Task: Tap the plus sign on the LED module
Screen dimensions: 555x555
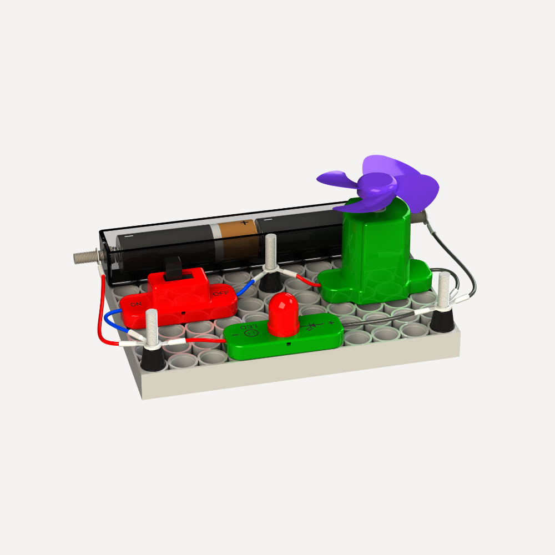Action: click(331, 323)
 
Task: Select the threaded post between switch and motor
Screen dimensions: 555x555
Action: click(271, 253)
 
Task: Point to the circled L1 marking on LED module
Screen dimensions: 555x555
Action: click(251, 333)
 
